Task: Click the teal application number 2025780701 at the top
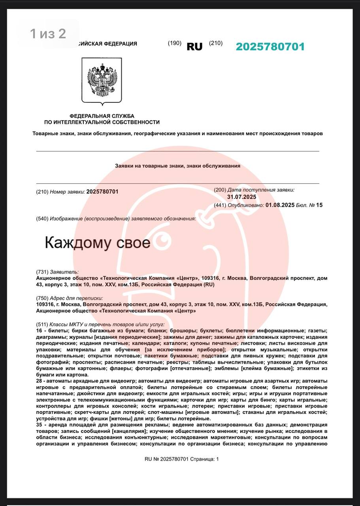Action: (270, 47)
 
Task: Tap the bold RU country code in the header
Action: (194, 47)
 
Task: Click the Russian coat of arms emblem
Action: (102, 80)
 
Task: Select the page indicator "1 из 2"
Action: (48, 34)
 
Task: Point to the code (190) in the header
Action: (174, 43)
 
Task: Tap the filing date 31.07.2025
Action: (241, 197)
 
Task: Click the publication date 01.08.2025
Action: (280, 205)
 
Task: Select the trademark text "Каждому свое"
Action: (98, 242)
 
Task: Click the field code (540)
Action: (42, 219)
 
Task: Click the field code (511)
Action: (42, 324)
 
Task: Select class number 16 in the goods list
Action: (39, 330)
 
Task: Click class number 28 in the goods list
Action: (39, 381)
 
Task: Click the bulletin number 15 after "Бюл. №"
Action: (319, 205)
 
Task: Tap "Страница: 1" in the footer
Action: (205, 459)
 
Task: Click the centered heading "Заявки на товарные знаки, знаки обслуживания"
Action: (177, 166)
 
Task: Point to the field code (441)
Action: (220, 205)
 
